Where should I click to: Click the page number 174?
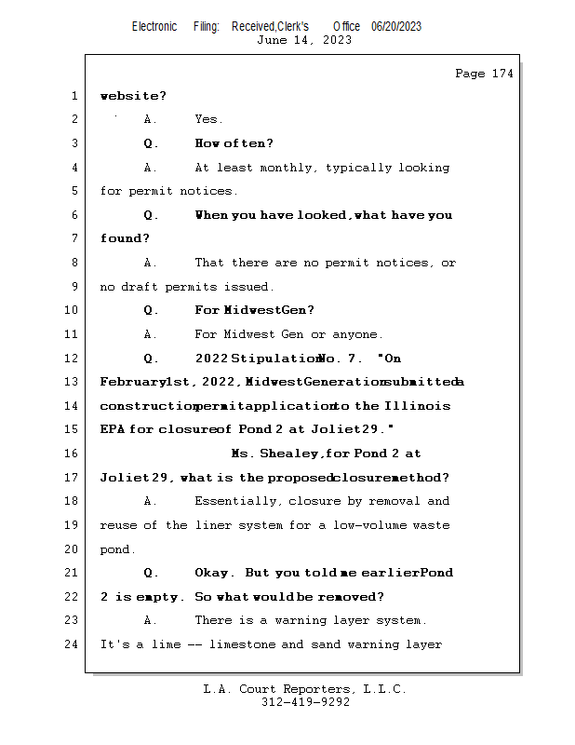pos(502,74)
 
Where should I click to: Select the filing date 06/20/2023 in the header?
pos(396,27)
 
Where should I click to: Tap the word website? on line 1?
pos(133,96)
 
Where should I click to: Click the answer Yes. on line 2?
pos(208,119)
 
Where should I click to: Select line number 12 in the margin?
pos(72,358)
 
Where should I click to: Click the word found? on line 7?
pos(125,238)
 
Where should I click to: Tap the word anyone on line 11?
pos(357,335)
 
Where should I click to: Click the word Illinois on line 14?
pos(418,406)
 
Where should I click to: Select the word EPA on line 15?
pos(113,429)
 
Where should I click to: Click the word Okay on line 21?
pos(214,573)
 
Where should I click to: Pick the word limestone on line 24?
pos(242,644)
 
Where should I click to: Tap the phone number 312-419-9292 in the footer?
pos(305,702)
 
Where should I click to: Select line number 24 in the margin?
pos(72,644)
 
